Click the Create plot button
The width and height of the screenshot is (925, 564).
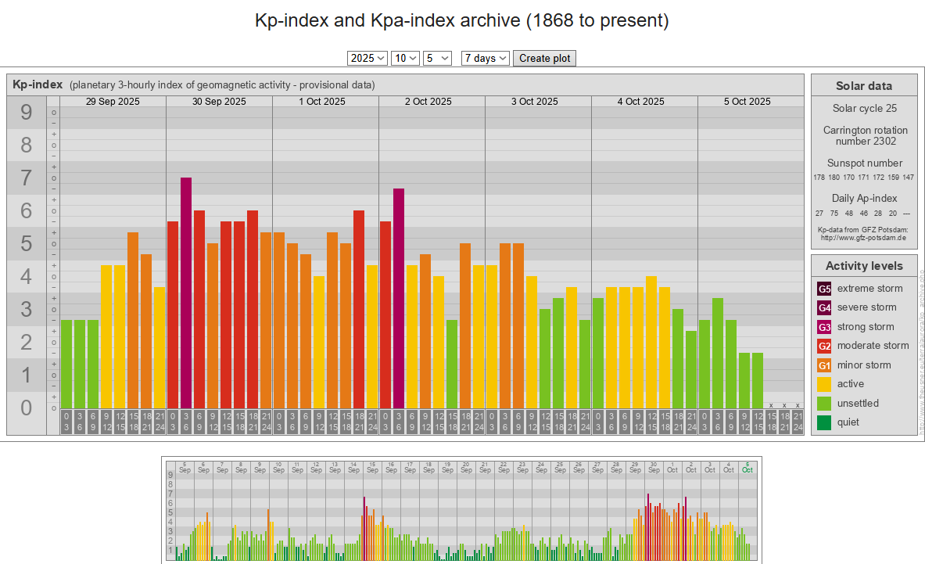point(544,58)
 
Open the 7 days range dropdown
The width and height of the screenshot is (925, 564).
point(486,58)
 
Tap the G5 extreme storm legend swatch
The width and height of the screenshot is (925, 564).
point(824,289)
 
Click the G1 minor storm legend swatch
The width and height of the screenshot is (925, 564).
point(824,365)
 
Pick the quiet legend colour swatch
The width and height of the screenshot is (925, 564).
point(824,422)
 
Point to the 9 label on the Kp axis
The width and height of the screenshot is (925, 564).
point(27,113)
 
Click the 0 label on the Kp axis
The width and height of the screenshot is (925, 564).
point(27,408)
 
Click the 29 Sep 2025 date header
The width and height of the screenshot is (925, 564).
point(113,102)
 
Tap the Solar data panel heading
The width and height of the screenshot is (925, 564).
point(864,86)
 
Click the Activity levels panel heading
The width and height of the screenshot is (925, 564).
point(864,266)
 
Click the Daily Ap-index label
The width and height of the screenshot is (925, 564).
point(864,199)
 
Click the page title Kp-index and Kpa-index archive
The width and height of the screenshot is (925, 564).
point(462,20)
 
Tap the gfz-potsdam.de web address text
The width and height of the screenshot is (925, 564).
point(864,238)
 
